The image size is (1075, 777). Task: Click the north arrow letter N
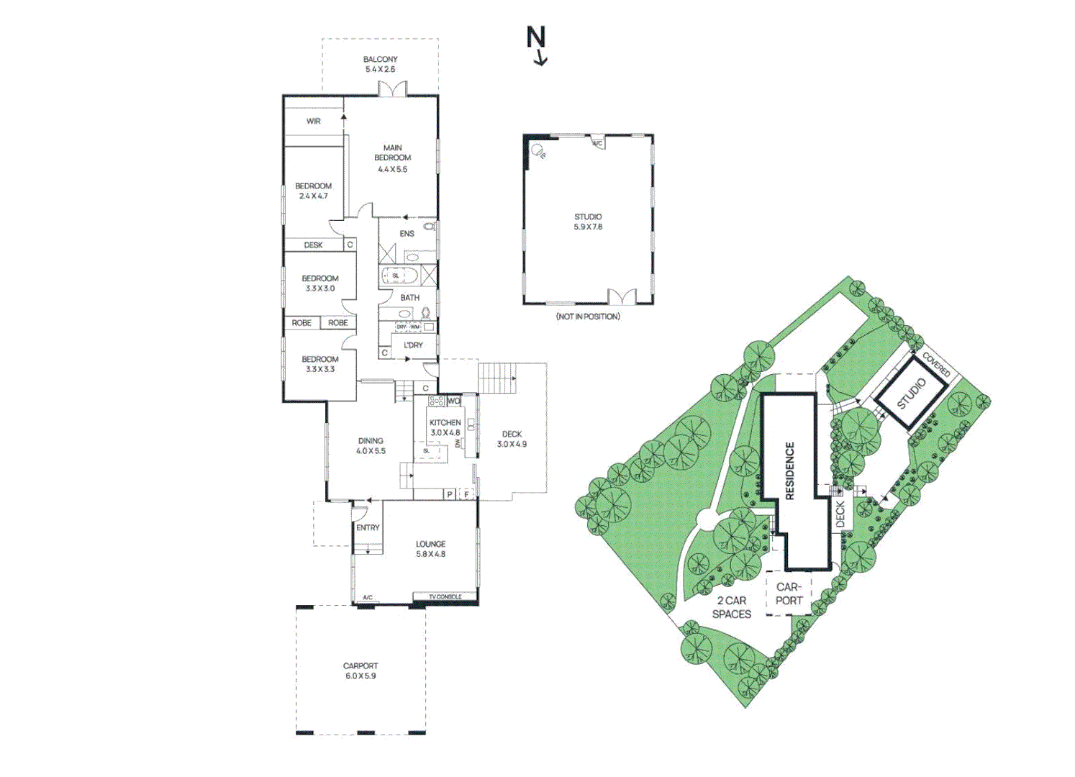pyautogui.click(x=536, y=37)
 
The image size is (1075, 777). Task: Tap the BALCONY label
pyautogui.click(x=380, y=60)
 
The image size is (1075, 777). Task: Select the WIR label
pyautogui.click(x=314, y=122)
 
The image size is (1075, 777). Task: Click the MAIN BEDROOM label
pyautogui.click(x=392, y=153)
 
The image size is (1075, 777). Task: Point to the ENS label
pyautogui.click(x=407, y=234)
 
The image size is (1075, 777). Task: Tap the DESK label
pyautogui.click(x=313, y=245)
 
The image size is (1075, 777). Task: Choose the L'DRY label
pyautogui.click(x=413, y=345)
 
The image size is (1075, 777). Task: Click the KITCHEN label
pyautogui.click(x=445, y=423)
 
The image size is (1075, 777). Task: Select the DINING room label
pyautogui.click(x=371, y=441)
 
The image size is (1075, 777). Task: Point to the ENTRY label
pyautogui.click(x=368, y=528)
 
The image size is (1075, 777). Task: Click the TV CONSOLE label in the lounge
pyautogui.click(x=445, y=597)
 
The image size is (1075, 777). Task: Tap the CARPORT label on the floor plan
pyautogui.click(x=360, y=666)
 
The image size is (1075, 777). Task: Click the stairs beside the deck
pyautogui.click(x=497, y=378)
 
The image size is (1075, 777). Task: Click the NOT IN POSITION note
pyautogui.click(x=588, y=317)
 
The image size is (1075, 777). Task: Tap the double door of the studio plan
pyautogui.click(x=621, y=296)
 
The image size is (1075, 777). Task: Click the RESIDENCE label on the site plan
pyautogui.click(x=789, y=471)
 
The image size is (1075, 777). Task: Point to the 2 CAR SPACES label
pyautogui.click(x=731, y=607)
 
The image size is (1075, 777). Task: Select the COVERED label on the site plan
pyautogui.click(x=936, y=365)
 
